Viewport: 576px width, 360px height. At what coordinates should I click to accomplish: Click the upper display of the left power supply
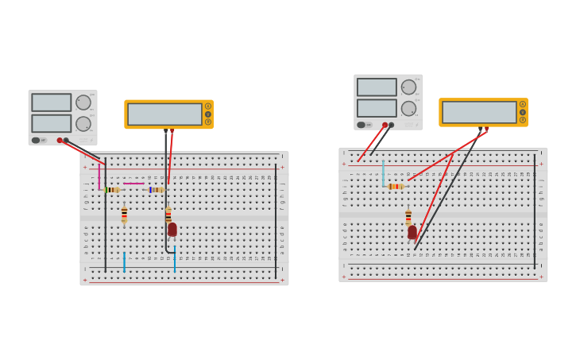pyautogui.click(x=51, y=103)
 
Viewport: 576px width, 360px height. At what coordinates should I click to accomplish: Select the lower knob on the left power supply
pyautogui.click(x=83, y=124)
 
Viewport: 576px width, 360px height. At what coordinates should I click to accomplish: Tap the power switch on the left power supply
pyautogui.click(x=36, y=140)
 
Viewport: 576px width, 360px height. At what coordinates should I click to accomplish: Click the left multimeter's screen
pyautogui.click(x=164, y=114)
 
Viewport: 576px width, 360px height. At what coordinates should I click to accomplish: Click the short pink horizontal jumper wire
pyautogui.click(x=133, y=184)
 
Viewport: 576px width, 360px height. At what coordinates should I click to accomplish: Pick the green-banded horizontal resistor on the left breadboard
pyautogui.click(x=112, y=190)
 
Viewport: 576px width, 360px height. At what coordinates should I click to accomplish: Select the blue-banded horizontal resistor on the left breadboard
pyautogui.click(x=157, y=190)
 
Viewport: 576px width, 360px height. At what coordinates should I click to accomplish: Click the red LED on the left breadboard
pyautogui.click(x=172, y=229)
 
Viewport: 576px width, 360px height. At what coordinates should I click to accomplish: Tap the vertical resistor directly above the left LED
pyautogui.click(x=168, y=215)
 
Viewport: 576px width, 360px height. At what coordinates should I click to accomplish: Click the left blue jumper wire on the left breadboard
pyautogui.click(x=124, y=261)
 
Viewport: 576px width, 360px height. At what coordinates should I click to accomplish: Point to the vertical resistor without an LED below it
pyautogui.click(x=124, y=215)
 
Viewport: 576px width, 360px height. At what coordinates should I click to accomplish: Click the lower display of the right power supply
pyautogui.click(x=377, y=108)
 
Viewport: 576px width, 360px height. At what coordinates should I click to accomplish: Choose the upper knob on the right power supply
pyautogui.click(x=408, y=87)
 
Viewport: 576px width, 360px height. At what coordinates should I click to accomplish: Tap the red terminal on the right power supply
pyautogui.click(x=385, y=125)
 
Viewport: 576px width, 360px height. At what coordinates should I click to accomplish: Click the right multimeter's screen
pyautogui.click(x=478, y=112)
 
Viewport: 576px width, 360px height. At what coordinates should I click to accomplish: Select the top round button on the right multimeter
pyautogui.click(x=523, y=104)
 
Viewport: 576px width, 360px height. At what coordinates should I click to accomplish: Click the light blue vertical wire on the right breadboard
pyautogui.click(x=383, y=172)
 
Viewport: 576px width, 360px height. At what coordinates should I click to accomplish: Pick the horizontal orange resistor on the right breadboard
pyautogui.click(x=396, y=186)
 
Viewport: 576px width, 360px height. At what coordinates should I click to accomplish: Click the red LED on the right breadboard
pyautogui.click(x=412, y=232)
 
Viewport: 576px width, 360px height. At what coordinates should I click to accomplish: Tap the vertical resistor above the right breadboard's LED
pyautogui.click(x=408, y=216)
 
